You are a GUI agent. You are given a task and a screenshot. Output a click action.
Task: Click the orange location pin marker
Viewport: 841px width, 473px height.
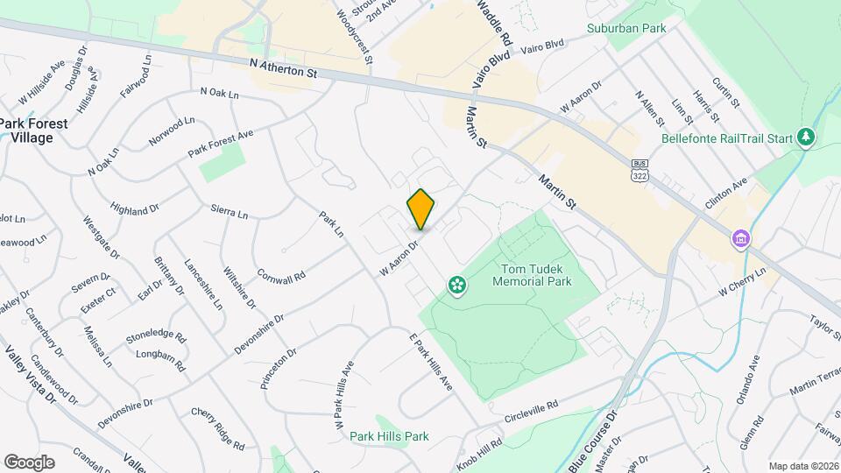[420, 209]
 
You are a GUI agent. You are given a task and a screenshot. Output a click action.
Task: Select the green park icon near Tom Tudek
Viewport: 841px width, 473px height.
[456, 284]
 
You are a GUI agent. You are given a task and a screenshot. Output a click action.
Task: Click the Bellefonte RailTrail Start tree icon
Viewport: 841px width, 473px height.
[806, 138]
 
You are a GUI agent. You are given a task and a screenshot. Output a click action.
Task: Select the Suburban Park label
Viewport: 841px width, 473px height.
[626, 28]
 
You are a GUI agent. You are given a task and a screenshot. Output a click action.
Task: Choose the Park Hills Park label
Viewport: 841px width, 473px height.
[389, 436]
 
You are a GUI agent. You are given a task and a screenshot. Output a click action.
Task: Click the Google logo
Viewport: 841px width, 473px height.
[30, 462]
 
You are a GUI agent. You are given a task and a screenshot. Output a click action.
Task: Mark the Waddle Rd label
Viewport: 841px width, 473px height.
[494, 24]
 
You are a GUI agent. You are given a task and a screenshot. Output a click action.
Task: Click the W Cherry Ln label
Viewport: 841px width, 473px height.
[742, 279]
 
